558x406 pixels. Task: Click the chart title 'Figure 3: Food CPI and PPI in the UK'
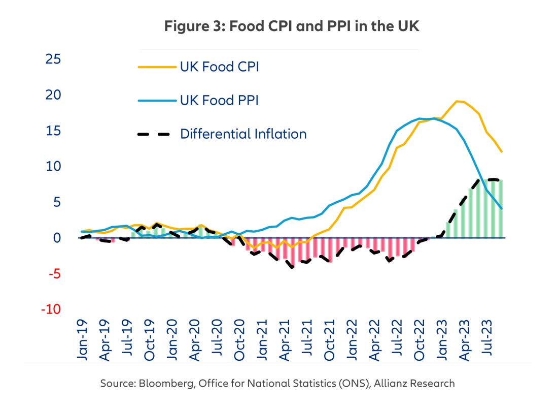292,27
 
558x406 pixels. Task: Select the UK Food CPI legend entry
219,67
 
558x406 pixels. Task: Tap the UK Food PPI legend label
219,100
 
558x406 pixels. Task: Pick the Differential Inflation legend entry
243,134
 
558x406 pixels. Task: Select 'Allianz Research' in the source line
414,384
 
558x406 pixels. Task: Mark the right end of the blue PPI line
502,208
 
